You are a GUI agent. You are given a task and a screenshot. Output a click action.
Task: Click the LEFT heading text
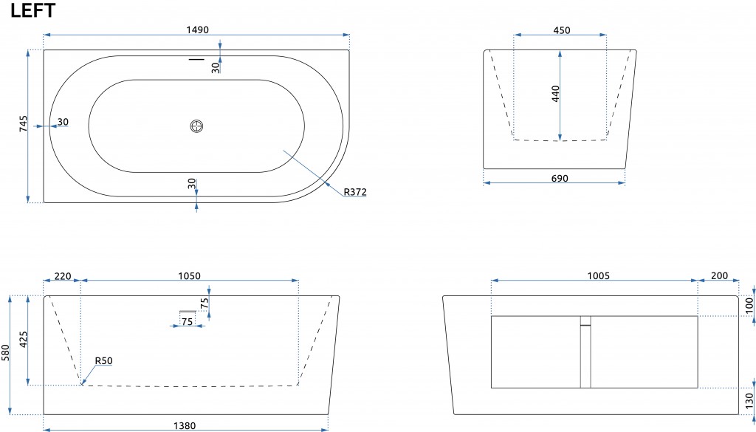(32, 10)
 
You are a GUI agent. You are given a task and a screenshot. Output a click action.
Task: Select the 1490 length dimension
(198, 30)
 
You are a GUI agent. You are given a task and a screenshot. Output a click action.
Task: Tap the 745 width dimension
(24, 123)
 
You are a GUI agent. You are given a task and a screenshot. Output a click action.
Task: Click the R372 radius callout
(355, 192)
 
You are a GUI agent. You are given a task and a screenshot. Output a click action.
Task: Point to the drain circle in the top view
(196, 126)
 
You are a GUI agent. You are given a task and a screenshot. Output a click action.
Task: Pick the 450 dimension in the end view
(562, 30)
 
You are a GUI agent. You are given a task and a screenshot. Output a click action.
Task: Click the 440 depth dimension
(555, 94)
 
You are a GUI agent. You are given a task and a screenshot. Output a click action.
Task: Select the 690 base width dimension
(560, 179)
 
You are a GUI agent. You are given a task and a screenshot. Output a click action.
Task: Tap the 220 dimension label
(63, 276)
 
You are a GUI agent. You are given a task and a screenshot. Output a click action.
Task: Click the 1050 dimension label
(190, 276)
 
